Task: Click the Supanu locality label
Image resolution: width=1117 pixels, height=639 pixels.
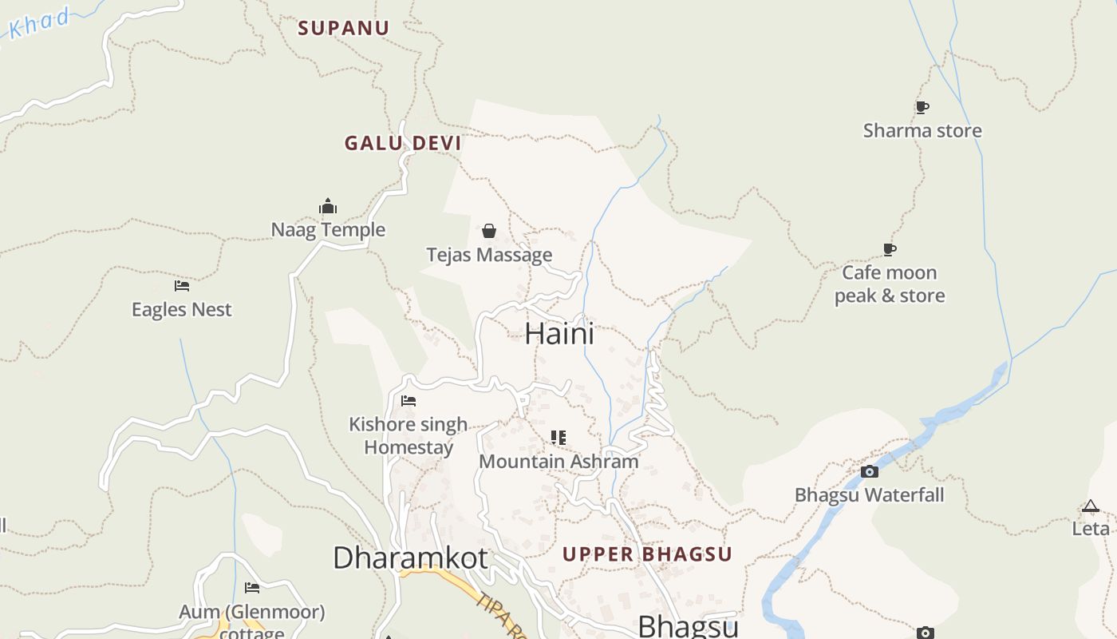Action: coord(343,28)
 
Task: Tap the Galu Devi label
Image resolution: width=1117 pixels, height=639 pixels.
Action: coord(403,143)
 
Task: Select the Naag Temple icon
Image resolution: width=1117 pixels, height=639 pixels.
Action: coord(328,207)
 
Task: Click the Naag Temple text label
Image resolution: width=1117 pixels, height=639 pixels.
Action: coord(328,230)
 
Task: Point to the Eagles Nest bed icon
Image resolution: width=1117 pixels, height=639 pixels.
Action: coord(182,286)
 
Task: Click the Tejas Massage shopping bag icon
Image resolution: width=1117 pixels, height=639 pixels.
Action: coord(489,231)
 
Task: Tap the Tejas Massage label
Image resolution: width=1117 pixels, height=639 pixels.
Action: coord(489,255)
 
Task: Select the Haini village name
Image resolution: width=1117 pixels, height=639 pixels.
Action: coord(559,334)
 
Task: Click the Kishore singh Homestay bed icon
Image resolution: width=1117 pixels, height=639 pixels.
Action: coord(409,401)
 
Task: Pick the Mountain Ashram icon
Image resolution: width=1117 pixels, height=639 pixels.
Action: coord(558,438)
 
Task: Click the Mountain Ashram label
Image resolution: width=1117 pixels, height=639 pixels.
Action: coord(558,462)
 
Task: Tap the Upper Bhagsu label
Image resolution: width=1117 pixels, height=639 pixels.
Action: coord(647,554)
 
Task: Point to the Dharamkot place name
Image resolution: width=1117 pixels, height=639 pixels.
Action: coord(410,558)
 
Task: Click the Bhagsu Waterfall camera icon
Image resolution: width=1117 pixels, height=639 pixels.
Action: coord(870,471)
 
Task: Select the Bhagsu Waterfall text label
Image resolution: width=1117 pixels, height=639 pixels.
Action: coord(870,495)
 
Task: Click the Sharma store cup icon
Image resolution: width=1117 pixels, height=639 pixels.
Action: coord(922,107)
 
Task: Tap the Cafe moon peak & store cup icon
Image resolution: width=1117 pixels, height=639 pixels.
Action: coord(890,249)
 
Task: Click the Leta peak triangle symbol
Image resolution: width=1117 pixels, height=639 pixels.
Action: coord(1091,506)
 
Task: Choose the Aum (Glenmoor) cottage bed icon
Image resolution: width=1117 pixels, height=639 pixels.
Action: coord(252,588)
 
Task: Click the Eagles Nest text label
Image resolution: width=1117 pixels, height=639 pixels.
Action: coord(182,310)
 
